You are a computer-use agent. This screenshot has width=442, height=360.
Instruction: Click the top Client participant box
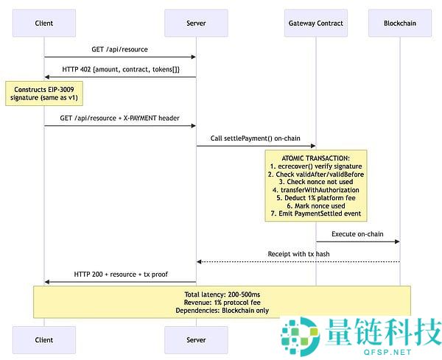pos(43,24)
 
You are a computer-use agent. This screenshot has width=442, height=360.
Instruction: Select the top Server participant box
pos(196,24)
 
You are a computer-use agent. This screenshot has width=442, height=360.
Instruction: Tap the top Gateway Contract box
pos(316,24)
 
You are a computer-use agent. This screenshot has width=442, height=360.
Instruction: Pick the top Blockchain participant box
pos(400,24)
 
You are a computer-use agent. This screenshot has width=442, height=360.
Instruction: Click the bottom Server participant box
pos(196,340)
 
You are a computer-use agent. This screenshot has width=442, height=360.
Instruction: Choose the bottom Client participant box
pos(43,340)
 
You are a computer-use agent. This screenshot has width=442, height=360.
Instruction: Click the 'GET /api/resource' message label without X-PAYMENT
pos(119,49)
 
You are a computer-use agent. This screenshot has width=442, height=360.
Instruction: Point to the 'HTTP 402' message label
pos(120,68)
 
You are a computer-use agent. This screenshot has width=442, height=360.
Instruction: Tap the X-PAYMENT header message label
pos(119,118)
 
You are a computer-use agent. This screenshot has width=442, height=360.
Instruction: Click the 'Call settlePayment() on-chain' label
pos(256,138)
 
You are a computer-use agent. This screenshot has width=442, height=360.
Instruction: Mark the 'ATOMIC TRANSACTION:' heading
pos(316,158)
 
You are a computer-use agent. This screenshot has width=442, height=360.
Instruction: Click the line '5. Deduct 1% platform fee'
pos(316,197)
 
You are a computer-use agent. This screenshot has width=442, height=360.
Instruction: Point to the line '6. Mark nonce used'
pos(316,205)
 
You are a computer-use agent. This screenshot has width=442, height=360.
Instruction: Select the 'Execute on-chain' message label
pos(357,233)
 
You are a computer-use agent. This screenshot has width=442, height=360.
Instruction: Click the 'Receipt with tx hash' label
pos(298,254)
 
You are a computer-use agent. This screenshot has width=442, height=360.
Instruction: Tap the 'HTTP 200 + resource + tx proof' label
pos(120,274)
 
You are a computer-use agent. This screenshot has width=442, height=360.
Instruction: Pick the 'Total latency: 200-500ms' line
pos(222,294)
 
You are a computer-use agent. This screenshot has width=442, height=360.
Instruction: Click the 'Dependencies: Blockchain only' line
pos(222,311)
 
